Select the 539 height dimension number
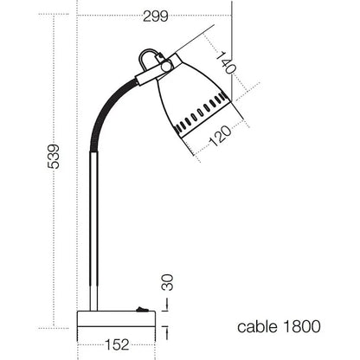(x=54, y=156)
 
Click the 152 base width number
(x=118, y=344)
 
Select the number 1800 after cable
(x=300, y=326)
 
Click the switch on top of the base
(x=138, y=308)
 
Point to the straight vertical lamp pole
(x=93, y=234)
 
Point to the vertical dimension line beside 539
(x=63, y=173)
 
